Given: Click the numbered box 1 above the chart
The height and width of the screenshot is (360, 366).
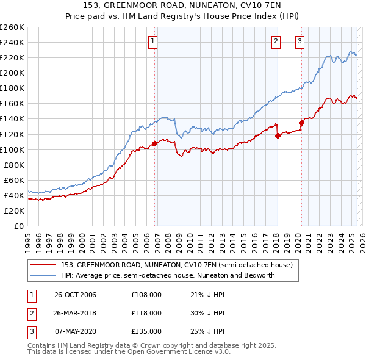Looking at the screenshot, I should point(152,41).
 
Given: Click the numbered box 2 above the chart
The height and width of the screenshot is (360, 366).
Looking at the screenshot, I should point(276,41).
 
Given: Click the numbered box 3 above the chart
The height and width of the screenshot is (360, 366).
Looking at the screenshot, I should point(300,41).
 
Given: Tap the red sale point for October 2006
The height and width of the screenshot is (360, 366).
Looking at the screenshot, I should point(154,143).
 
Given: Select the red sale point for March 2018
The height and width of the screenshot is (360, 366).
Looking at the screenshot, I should point(278,135).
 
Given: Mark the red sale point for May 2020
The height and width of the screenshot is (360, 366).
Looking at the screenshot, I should point(301,123).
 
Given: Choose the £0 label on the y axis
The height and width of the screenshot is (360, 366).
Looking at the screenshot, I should point(20,226).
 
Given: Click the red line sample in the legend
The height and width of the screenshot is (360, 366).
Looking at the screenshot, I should point(44,265).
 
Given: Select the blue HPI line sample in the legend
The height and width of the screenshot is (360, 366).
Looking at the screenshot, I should point(44,275).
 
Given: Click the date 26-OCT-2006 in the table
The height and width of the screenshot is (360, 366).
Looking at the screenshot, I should point(76,295).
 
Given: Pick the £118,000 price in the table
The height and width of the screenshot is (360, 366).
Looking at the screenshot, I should point(146,313).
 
